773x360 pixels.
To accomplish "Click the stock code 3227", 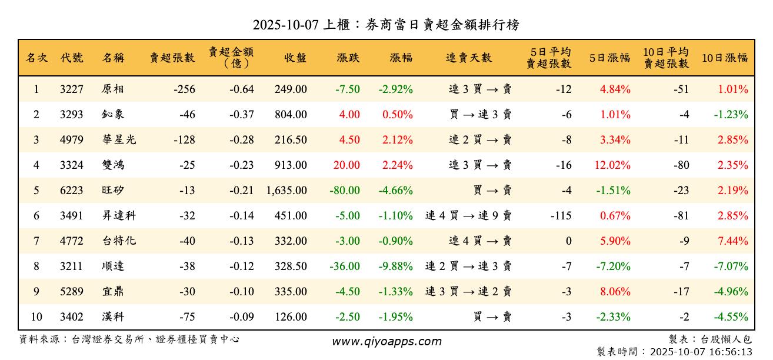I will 71,89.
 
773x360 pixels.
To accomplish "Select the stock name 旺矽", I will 113,191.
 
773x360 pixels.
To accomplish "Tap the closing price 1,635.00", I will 286,191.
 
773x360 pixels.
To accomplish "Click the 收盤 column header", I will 295,58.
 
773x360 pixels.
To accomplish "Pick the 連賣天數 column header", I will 469,58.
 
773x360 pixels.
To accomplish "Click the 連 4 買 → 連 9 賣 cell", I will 468,216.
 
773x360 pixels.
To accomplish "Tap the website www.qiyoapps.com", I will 386,342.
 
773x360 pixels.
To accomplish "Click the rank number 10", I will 36,317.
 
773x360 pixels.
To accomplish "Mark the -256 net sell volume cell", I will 184,89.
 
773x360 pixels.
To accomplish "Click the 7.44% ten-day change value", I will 732,241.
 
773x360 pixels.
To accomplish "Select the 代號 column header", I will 71,58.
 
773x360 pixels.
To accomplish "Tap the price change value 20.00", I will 346,165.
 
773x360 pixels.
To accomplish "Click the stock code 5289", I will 71,292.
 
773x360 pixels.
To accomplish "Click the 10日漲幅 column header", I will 725,58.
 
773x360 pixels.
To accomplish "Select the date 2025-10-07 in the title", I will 285,25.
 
